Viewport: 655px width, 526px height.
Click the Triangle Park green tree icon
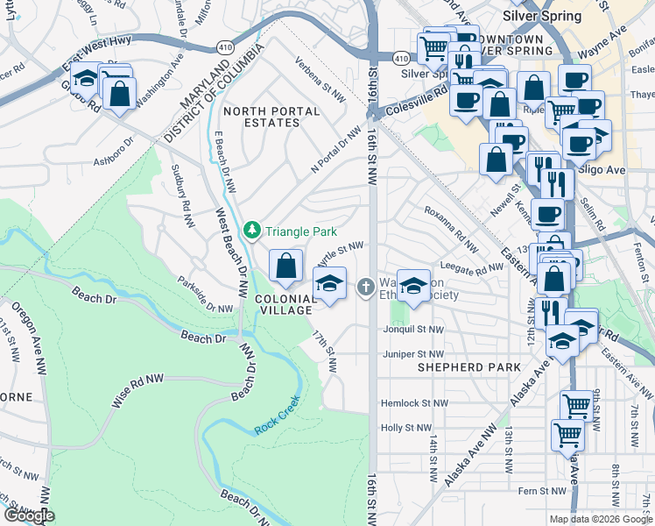253,231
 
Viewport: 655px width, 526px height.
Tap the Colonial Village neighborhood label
285,303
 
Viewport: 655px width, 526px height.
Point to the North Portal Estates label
261,117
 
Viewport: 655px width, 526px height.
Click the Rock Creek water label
278,416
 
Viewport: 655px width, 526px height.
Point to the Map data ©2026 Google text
600,519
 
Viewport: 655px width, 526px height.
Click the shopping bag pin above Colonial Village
286,267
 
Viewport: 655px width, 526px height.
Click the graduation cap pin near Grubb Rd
86,80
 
